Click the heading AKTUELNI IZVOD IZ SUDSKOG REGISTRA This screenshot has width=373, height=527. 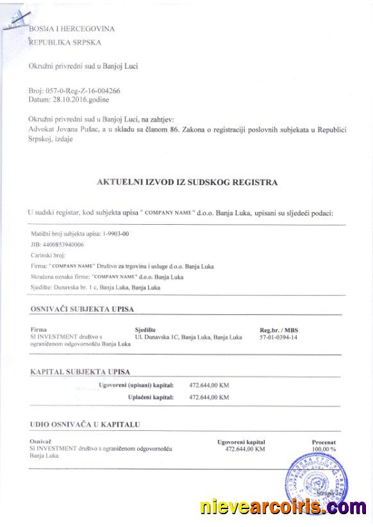[187, 182]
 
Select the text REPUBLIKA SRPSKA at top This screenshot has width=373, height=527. [65, 42]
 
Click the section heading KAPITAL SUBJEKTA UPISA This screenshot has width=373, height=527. [79, 371]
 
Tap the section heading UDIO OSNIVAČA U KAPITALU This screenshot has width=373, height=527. [85, 424]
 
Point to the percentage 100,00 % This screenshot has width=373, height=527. [324, 449]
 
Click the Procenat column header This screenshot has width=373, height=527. [324, 442]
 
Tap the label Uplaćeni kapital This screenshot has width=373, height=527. [151, 397]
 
